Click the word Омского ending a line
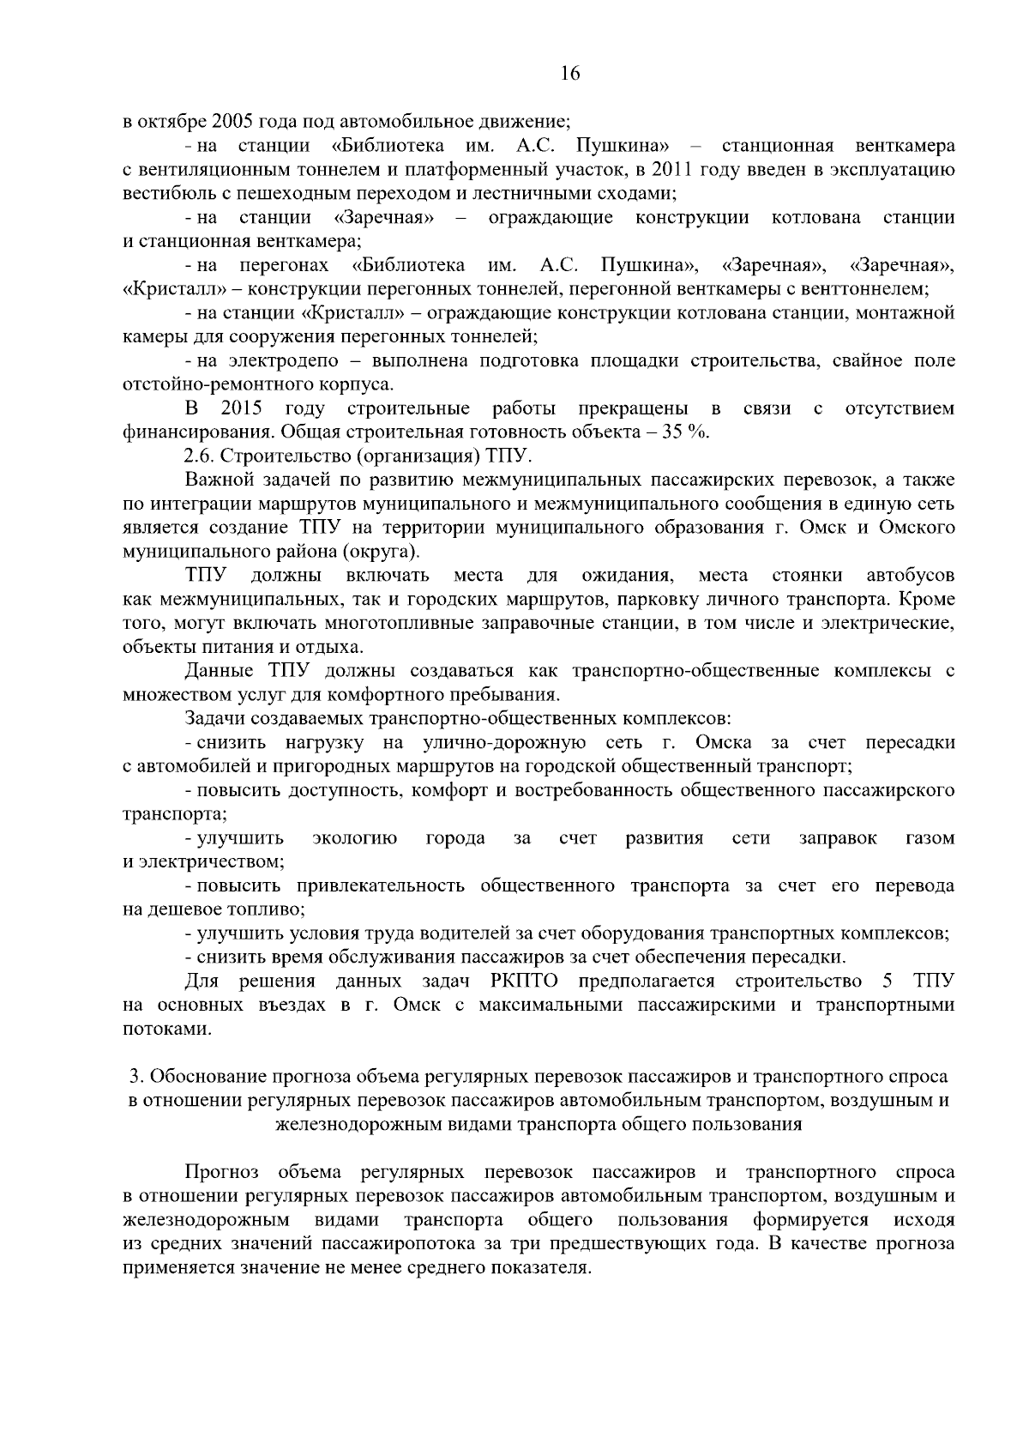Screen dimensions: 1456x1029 point(920,527)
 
